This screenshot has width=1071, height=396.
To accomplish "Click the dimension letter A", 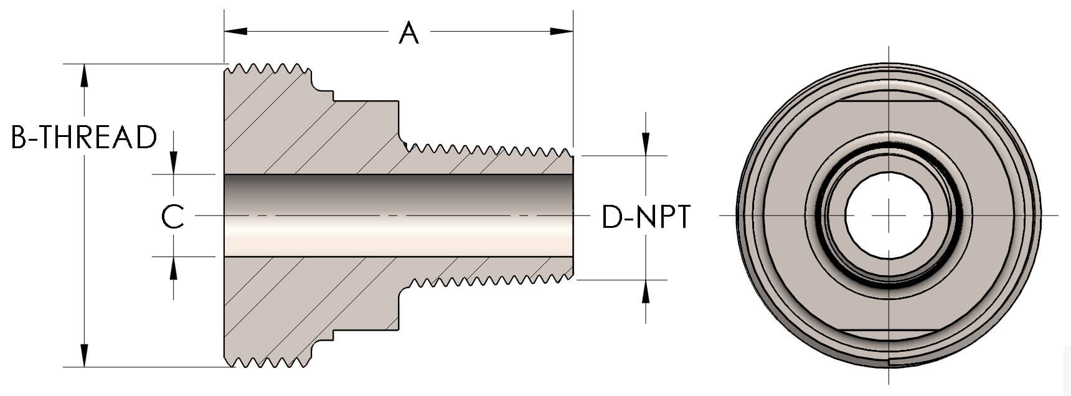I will (x=408, y=32).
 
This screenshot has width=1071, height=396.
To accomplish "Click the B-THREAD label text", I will (x=84, y=138).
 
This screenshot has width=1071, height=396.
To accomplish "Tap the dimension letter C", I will (x=172, y=216).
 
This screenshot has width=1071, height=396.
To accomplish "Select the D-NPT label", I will (x=646, y=217).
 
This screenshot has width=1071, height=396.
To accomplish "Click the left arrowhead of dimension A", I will (x=236, y=31).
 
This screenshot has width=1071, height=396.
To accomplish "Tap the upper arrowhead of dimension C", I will (x=173, y=163).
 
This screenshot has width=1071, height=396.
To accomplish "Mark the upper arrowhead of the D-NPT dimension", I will (x=646, y=144).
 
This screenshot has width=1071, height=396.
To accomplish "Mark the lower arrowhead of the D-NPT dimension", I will (x=646, y=291).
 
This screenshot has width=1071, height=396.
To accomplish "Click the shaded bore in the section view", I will (x=399, y=215).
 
